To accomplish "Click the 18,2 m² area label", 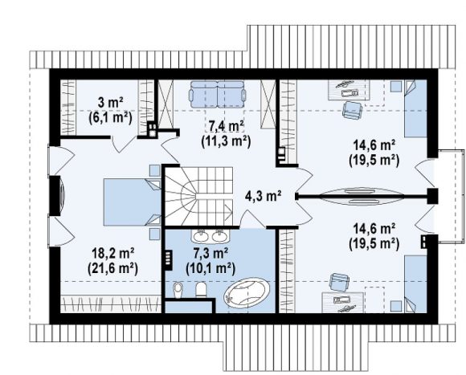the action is click(112, 254).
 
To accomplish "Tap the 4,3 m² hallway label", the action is click(264, 196).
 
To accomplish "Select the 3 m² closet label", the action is click(110, 103).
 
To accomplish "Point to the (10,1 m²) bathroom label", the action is click(211, 269).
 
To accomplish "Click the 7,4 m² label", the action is click(226, 127).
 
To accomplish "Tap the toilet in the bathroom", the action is click(201, 290).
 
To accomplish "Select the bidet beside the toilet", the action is click(178, 290).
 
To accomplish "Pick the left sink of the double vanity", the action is click(202, 236).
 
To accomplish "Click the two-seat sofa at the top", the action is click(218, 94).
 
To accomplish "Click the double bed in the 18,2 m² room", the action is click(133, 202).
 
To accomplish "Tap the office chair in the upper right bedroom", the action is click(353, 110).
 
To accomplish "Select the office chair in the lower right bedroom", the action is click(339, 283).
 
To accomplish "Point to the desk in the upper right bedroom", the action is click(349, 90).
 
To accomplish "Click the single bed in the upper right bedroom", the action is click(415, 108).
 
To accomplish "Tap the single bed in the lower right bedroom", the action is click(415, 283).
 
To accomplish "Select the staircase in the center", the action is click(198, 196).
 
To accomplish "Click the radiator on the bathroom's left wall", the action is click(169, 260).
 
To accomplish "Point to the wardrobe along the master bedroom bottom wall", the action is click(111, 304).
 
